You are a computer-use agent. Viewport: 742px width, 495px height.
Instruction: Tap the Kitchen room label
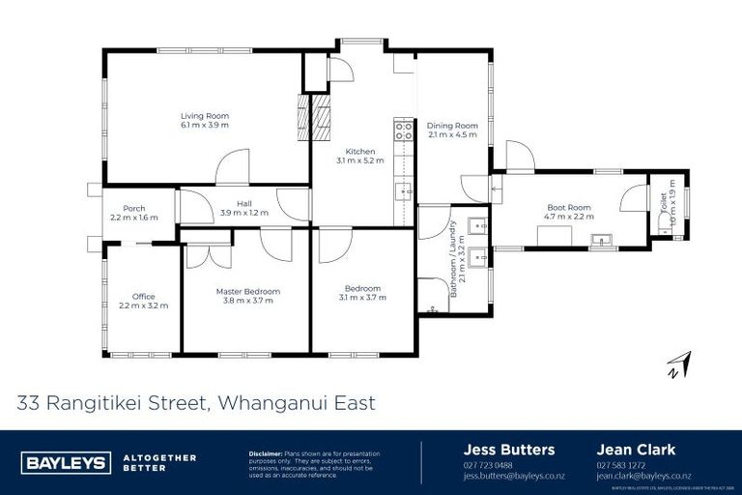tap(360, 151)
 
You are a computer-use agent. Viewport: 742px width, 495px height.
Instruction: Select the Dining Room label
tap(453, 125)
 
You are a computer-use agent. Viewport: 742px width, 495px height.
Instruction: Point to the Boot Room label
tap(568, 208)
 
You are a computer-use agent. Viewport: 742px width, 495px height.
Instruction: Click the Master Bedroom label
tap(247, 291)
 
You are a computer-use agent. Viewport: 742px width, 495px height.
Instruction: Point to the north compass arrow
tap(680, 364)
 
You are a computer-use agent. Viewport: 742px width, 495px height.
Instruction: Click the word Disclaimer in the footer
tap(265, 452)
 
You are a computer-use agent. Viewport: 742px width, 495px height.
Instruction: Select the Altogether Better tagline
tap(159, 462)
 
